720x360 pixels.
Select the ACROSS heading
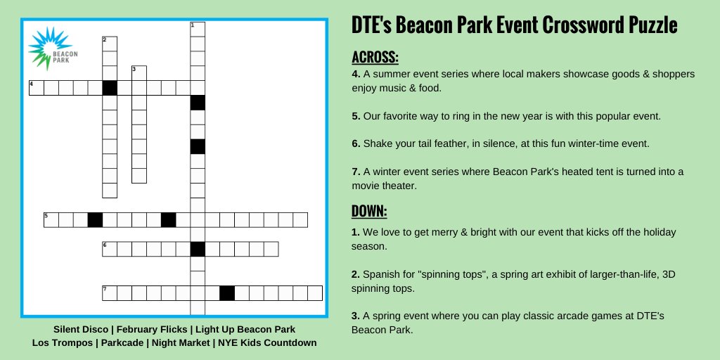375,58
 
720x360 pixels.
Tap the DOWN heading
369,211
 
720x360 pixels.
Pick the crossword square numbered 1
198,30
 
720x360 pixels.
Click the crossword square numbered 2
110,44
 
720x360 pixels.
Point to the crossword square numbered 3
139,73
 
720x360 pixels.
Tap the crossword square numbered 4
37,88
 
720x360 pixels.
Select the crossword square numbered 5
51,220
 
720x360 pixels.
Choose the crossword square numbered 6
110,249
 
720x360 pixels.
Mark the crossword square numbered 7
110,293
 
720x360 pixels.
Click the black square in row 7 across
227,293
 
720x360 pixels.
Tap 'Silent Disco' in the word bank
81,330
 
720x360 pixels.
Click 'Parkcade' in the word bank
122,343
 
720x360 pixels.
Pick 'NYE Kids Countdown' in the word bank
267,343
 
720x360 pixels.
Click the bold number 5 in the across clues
356,116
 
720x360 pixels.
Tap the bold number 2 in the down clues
356,275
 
